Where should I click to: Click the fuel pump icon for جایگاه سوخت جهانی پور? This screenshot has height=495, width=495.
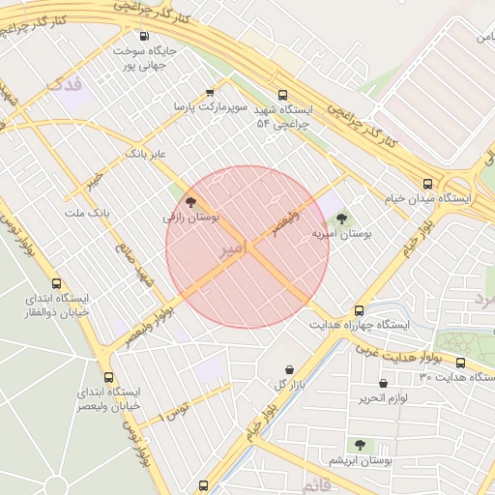click(143, 36)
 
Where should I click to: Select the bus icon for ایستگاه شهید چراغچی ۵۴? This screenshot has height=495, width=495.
click(282, 96)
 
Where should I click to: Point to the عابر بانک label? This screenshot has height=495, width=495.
click(147, 153)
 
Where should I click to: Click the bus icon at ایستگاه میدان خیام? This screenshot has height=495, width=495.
click(427, 184)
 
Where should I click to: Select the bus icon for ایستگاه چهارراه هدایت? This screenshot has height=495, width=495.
click(359, 311)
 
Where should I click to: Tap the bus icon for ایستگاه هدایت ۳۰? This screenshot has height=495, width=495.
click(460, 363)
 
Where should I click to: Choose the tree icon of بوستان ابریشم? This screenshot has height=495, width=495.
click(360, 446)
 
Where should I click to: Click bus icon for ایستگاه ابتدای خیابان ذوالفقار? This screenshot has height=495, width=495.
click(57, 284)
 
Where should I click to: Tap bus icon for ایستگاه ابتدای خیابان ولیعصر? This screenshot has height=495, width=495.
click(107, 377)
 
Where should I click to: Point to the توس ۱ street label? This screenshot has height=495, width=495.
click(176, 411)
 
